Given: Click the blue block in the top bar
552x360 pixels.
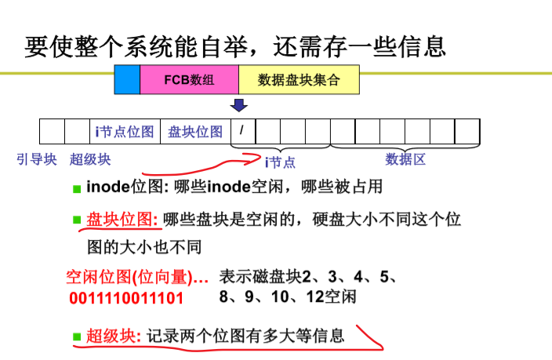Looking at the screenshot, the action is (x=127, y=80).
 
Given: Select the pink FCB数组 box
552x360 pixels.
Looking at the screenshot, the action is (x=190, y=80).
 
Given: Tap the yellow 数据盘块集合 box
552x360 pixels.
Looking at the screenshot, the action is (x=299, y=80).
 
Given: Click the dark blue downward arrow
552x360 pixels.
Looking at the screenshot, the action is (x=238, y=105).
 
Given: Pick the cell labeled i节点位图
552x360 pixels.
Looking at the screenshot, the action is (x=125, y=132).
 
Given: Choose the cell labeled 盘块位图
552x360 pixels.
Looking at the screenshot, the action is (x=195, y=132).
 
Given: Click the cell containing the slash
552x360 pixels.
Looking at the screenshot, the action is (x=243, y=132).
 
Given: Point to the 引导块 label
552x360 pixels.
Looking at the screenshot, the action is (x=37, y=159).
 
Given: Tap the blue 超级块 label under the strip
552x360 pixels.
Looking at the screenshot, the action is (x=90, y=159).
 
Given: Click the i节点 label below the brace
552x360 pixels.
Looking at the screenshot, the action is (x=280, y=162).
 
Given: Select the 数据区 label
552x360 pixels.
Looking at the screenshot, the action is (x=405, y=159).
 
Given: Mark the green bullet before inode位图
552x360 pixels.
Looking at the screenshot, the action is (x=77, y=189).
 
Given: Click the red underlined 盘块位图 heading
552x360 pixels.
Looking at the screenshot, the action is (x=122, y=220).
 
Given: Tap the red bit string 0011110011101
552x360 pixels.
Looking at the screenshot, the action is (x=126, y=298).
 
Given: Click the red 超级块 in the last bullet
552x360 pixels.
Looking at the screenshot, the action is (x=114, y=336).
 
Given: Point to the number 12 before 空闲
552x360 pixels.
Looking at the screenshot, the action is (x=315, y=296).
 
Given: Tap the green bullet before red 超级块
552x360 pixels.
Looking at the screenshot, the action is (x=77, y=337).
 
